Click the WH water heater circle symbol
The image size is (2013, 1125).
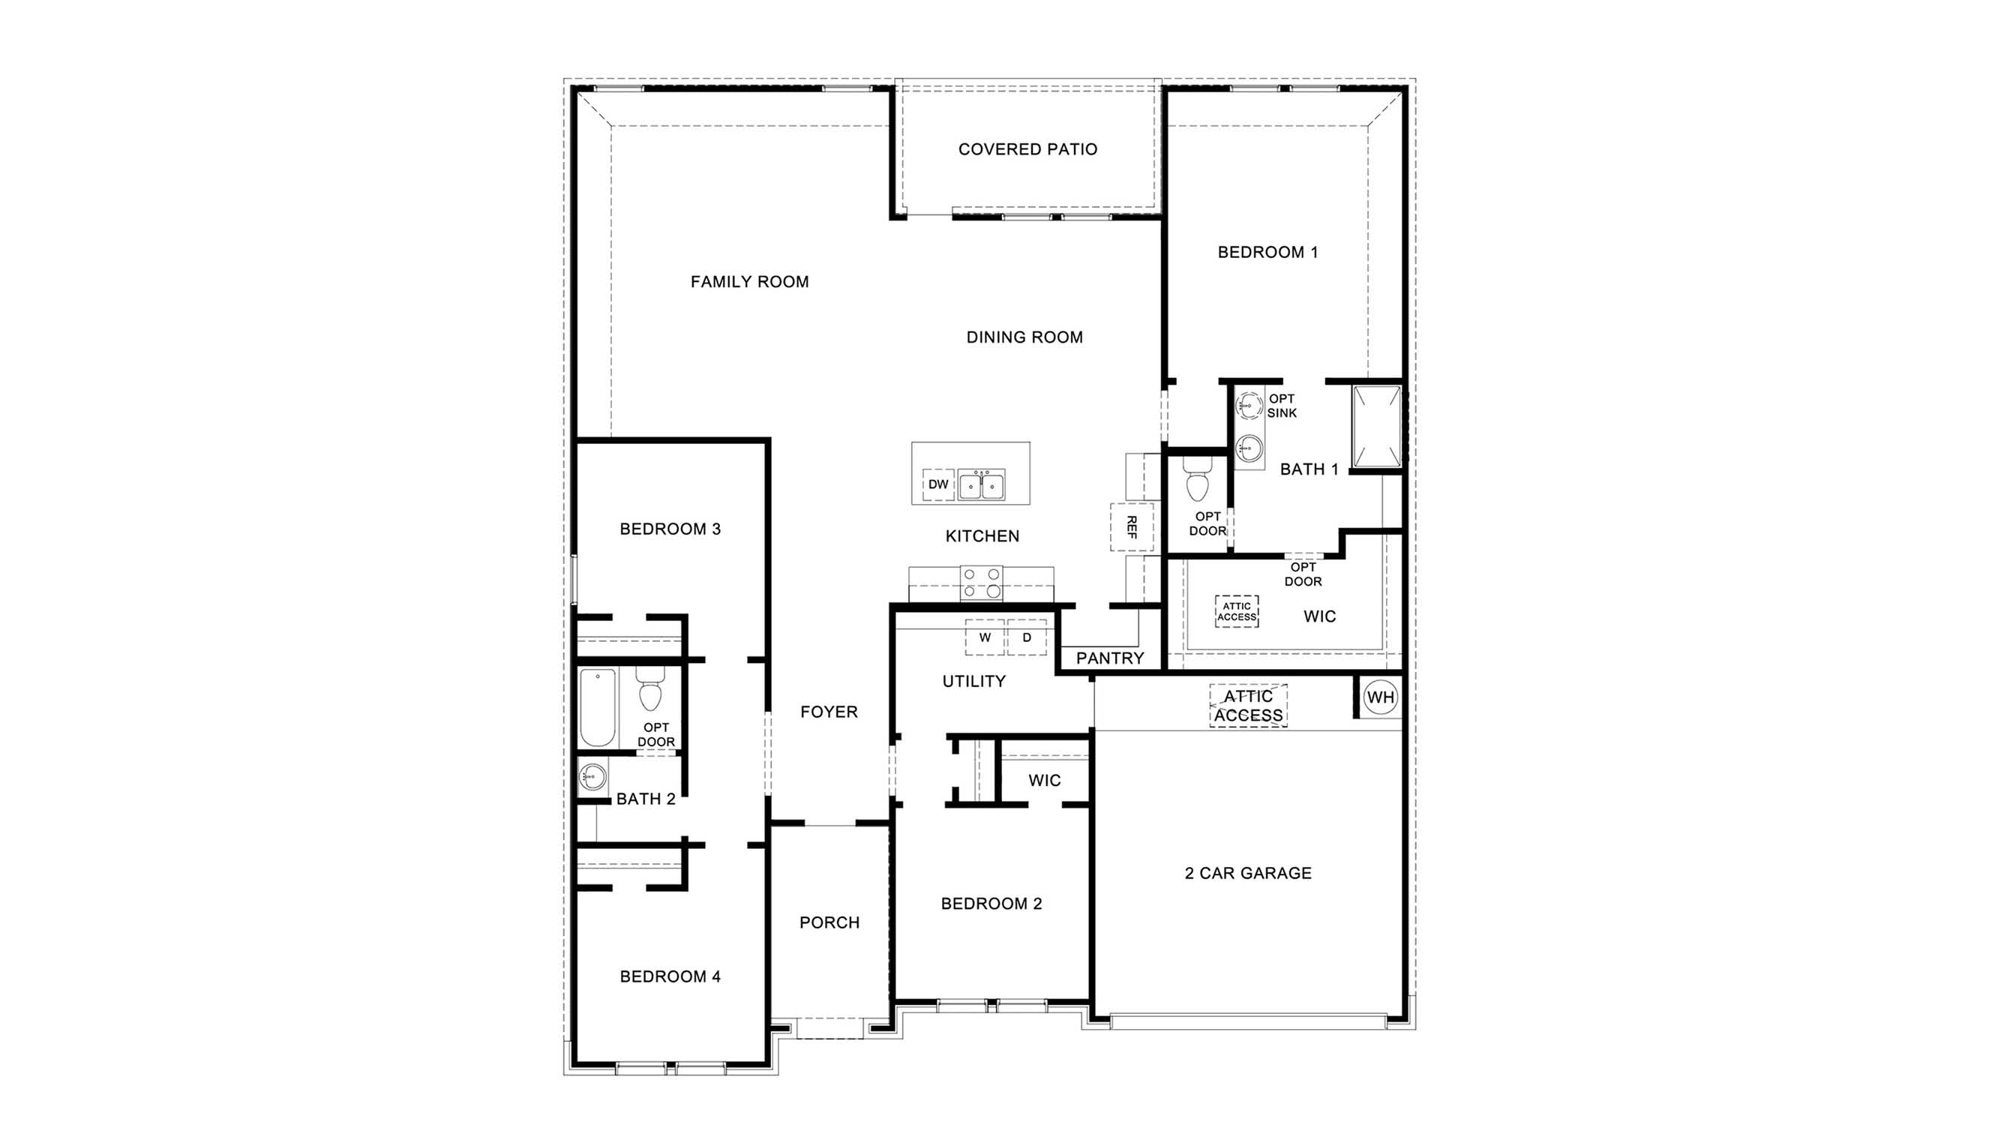(x=1380, y=697)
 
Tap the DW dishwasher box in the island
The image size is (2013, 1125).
(x=937, y=484)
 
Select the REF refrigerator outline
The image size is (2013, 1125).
(x=1132, y=527)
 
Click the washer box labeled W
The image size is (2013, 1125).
(x=985, y=637)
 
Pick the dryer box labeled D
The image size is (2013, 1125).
(x=1027, y=637)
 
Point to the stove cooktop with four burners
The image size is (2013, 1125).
(x=982, y=583)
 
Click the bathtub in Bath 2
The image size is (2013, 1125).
(x=598, y=708)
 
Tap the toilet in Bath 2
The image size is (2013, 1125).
(x=650, y=689)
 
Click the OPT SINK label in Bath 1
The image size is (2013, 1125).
(x=1282, y=406)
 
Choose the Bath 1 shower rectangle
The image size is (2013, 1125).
(x=1377, y=427)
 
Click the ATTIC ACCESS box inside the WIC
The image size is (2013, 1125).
(x=1236, y=611)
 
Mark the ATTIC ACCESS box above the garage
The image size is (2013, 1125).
(x=1248, y=706)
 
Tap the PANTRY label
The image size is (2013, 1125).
(x=1110, y=658)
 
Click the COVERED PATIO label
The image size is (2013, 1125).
(x=1027, y=149)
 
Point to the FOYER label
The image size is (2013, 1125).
(x=829, y=712)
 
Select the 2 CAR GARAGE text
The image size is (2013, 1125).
(x=1248, y=873)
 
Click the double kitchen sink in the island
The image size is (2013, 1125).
(x=982, y=485)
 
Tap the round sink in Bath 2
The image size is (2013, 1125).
(x=592, y=777)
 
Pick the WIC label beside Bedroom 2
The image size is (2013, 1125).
(x=1044, y=781)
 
